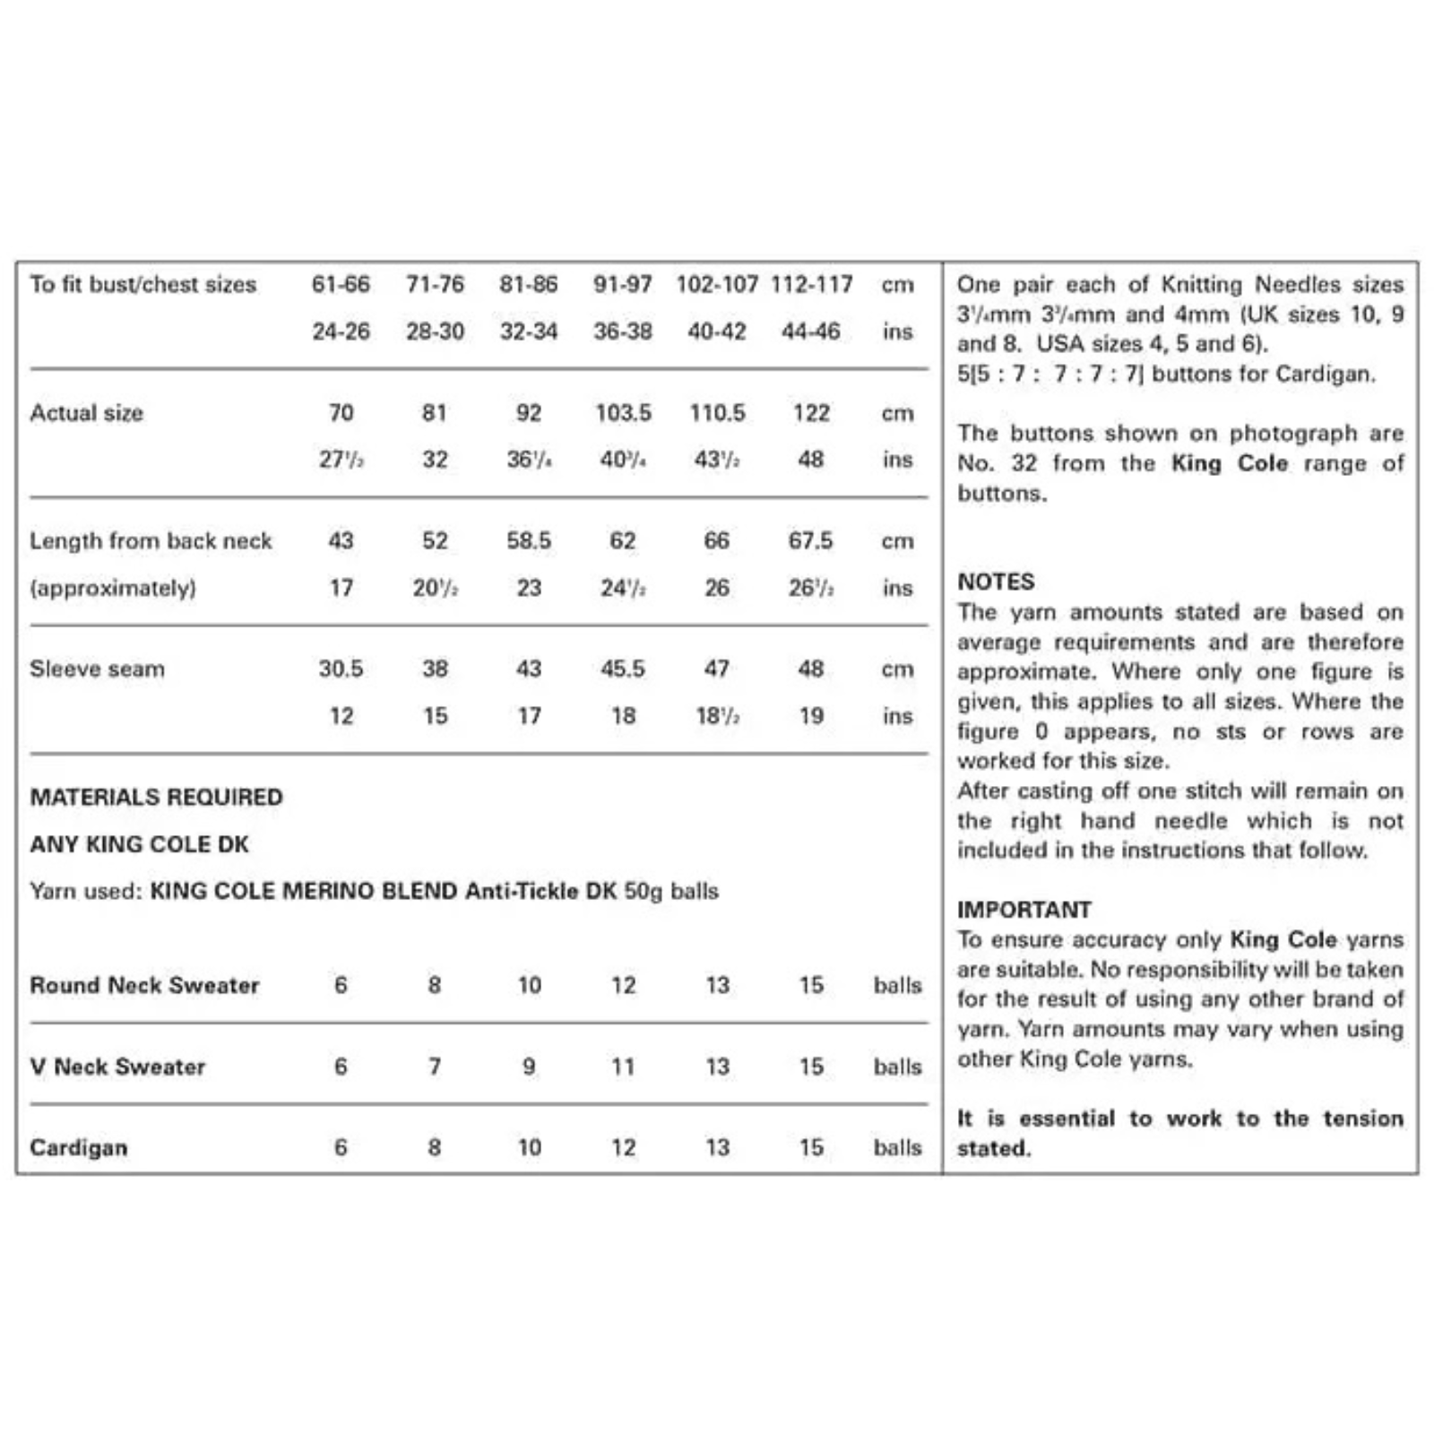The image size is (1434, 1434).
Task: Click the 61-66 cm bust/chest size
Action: point(341,284)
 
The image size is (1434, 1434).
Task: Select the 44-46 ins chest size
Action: point(810,332)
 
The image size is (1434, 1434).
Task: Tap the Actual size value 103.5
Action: point(623,413)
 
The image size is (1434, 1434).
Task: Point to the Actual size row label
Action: point(86,413)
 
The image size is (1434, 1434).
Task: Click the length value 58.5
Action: point(529,541)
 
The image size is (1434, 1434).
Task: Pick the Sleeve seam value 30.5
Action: point(341,669)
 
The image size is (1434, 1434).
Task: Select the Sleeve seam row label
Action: point(97,669)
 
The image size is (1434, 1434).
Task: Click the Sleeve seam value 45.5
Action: point(623,669)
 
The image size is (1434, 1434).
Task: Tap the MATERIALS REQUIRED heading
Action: point(156,797)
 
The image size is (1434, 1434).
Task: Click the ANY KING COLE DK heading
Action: point(139,844)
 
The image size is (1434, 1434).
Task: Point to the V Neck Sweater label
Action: point(117,1067)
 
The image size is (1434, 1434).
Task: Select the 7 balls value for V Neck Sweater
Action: point(435,1067)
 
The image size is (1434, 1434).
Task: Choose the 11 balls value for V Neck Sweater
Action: point(623,1067)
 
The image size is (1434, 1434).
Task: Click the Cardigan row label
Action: point(78,1148)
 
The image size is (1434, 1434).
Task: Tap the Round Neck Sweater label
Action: point(144,985)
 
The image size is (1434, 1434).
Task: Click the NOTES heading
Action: point(996,582)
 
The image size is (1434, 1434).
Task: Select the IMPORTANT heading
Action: point(1024,910)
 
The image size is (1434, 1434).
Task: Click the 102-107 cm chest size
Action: point(717,284)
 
